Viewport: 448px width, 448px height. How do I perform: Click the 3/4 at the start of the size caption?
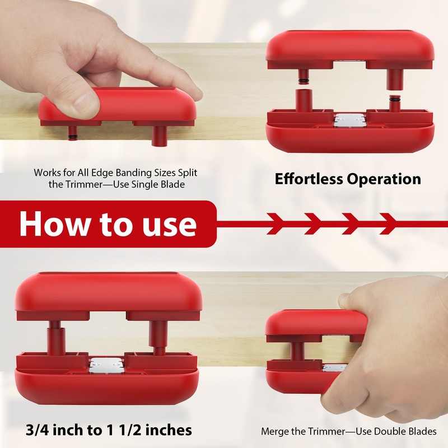[x=38, y=430]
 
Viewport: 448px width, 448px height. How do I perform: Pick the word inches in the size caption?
[x=166, y=430]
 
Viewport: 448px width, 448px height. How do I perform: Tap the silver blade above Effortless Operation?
[x=349, y=120]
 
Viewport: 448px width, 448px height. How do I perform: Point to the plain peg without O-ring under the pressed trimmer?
[x=158, y=135]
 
